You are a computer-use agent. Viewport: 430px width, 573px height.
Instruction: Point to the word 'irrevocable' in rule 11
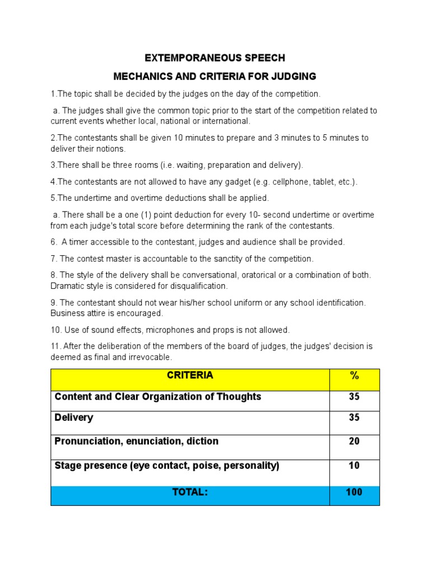148,357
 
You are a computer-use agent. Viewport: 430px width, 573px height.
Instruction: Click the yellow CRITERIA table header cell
190,379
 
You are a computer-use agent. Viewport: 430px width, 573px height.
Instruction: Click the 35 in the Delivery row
354,418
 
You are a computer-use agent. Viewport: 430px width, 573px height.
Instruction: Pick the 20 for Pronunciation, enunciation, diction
354,442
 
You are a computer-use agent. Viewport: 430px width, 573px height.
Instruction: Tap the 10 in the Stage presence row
354,466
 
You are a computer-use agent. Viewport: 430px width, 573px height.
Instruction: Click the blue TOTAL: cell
190,495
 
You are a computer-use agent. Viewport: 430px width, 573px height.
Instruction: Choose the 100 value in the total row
354,493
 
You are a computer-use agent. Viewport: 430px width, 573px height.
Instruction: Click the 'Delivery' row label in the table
73,418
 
